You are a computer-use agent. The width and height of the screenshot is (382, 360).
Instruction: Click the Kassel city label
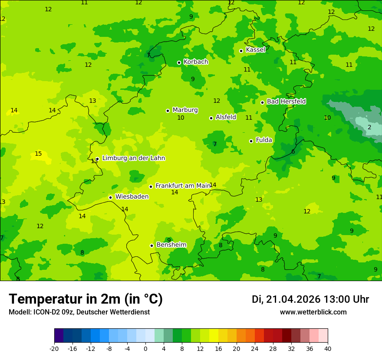[x=255, y=50]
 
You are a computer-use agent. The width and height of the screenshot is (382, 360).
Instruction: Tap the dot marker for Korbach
[x=179, y=62]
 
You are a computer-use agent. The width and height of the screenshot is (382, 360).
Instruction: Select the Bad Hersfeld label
[x=286, y=101]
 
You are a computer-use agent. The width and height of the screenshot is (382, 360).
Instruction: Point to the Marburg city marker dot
[x=168, y=111]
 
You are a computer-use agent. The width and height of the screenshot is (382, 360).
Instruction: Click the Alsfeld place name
[x=226, y=117]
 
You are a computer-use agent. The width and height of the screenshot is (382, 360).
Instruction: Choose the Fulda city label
[x=264, y=140]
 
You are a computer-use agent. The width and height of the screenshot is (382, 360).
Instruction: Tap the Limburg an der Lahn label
[x=133, y=158]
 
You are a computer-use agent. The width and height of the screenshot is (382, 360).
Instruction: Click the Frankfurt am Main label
[x=183, y=186]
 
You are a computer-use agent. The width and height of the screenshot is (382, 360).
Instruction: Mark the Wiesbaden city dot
[x=111, y=197]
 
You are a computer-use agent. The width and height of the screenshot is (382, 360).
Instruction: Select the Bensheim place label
[x=171, y=245]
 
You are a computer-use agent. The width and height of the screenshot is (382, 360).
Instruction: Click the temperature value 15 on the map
[x=38, y=154]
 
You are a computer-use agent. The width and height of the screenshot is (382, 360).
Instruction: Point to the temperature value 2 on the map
[x=369, y=128]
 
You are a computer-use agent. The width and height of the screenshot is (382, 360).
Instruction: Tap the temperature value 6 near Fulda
[x=293, y=151]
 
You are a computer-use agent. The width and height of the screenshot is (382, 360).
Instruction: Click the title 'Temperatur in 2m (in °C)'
[x=86, y=299]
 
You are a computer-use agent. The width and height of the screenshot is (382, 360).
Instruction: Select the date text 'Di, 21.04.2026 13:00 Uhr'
[x=310, y=300]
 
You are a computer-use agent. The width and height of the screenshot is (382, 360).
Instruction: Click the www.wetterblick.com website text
[x=313, y=312]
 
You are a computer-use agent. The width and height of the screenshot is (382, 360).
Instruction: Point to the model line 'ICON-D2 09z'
[x=79, y=312]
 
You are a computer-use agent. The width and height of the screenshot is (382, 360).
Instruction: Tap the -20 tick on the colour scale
[x=54, y=349]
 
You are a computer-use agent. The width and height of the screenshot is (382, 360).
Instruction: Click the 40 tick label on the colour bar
[x=327, y=349]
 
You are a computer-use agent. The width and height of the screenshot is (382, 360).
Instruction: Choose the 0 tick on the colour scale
[x=145, y=349]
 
